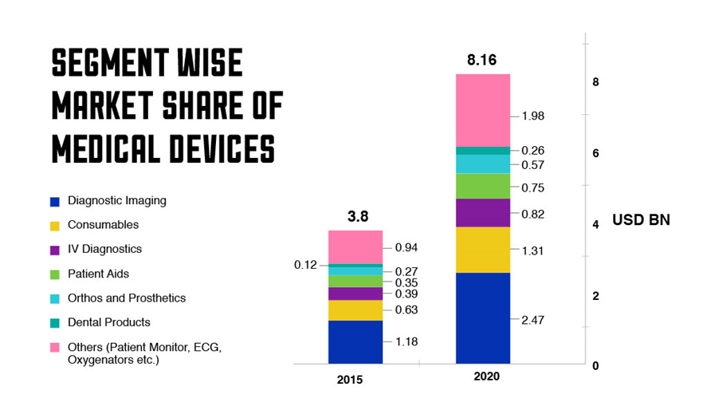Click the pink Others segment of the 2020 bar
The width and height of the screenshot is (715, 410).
pyautogui.click(x=482, y=110)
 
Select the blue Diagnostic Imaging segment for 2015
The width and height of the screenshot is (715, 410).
pyautogui.click(x=355, y=341)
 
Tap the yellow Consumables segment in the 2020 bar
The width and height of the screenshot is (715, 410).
pyautogui.click(x=482, y=250)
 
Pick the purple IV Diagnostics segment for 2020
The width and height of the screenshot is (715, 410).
pyautogui.click(x=482, y=213)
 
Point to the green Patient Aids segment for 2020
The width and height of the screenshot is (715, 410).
pyautogui.click(x=482, y=186)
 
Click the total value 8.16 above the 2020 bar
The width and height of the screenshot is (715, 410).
pyautogui.click(x=482, y=60)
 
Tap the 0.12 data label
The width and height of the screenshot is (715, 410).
pyautogui.click(x=306, y=265)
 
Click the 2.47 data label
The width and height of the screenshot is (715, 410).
pyautogui.click(x=532, y=320)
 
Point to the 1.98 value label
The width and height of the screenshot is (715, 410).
pyautogui.click(x=532, y=116)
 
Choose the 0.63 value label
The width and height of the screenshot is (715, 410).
pyautogui.click(x=407, y=309)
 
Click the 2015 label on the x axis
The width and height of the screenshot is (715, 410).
pyautogui.click(x=349, y=380)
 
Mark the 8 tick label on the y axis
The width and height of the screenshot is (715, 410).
pyautogui.click(x=595, y=82)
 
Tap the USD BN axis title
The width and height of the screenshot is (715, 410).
pyautogui.click(x=641, y=220)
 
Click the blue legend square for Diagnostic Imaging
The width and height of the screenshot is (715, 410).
pyautogui.click(x=54, y=202)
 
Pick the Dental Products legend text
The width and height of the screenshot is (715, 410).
pyautogui.click(x=108, y=322)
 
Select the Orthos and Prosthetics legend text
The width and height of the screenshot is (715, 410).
pyautogui.click(x=127, y=298)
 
